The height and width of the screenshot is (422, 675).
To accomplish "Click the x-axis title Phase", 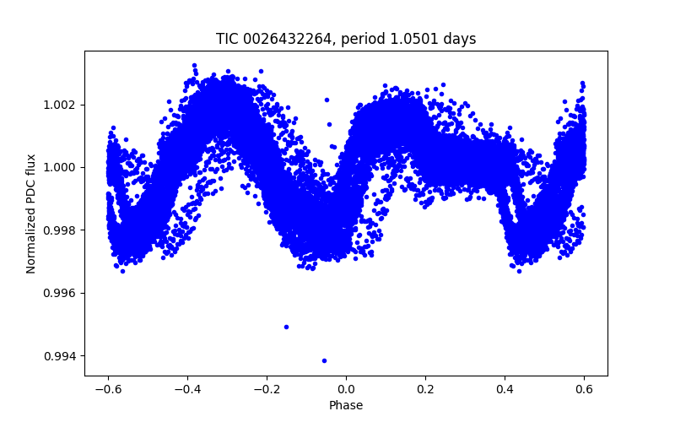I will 346,405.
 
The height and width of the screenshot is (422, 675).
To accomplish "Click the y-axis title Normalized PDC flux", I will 31,214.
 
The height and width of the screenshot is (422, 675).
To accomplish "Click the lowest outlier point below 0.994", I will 324,360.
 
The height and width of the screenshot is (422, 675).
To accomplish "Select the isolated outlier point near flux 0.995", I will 286,327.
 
